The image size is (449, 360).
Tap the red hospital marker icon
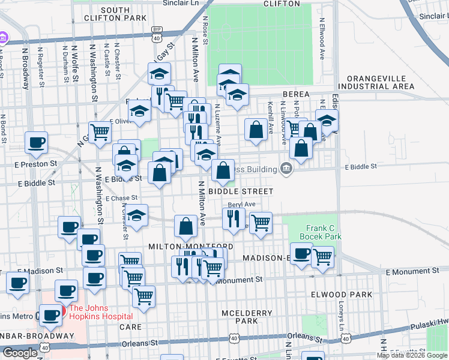pyautogui.click(x=62, y=313)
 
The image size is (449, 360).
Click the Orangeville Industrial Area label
pyautogui.click(x=380, y=82)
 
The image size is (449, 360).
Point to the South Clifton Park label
pyautogui.click(x=124, y=14)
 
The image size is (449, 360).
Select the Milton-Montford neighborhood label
pyautogui.click(x=191, y=247)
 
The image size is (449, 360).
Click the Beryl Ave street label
pyautogui.click(x=242, y=205)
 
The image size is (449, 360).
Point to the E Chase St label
pyautogui.click(x=121, y=198)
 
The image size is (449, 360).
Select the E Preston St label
pyautogui.click(x=36, y=163)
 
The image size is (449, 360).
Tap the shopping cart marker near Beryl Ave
pyautogui.click(x=260, y=222)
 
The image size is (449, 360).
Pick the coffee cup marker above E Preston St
pyautogui.click(x=36, y=142)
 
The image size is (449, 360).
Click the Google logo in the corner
pyautogui.click(x=20, y=353)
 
